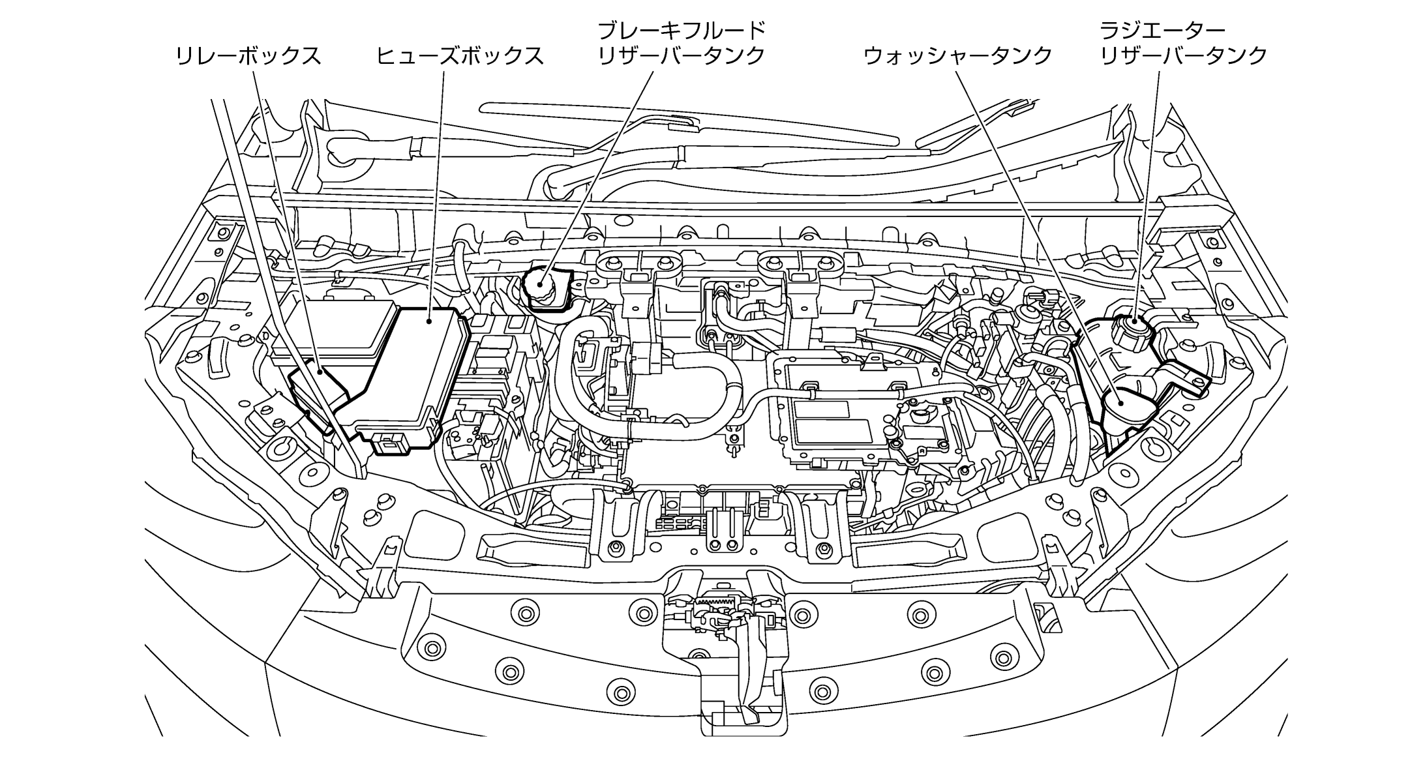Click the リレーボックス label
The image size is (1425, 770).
248,56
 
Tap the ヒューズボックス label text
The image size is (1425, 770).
460,56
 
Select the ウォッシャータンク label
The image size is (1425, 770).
958,56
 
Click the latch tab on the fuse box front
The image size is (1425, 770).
389,443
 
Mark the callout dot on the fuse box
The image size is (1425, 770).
429,320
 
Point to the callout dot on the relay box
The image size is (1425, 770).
320,370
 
